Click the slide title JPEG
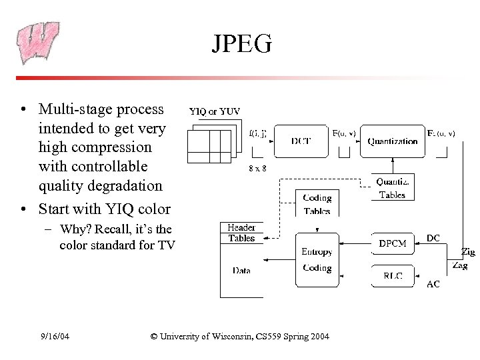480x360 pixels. pos(242,43)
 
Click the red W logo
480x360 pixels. pos(38,43)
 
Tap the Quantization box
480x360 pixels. pos(392,141)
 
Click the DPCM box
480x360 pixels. pos(392,243)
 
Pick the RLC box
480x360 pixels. pos(392,276)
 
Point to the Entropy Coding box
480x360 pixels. pos(317,260)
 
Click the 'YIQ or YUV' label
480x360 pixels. pos(215,111)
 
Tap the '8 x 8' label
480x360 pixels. pos(257,168)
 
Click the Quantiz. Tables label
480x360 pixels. pos(392,188)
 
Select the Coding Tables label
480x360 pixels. pos(317,204)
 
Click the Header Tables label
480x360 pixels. pos(241,233)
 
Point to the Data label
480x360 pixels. pos(241,270)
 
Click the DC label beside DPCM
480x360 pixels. pos(433,238)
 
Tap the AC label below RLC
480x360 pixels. pos(433,284)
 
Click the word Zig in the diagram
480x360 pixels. pos(468,252)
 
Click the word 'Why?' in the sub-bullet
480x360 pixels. pos(74,230)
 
